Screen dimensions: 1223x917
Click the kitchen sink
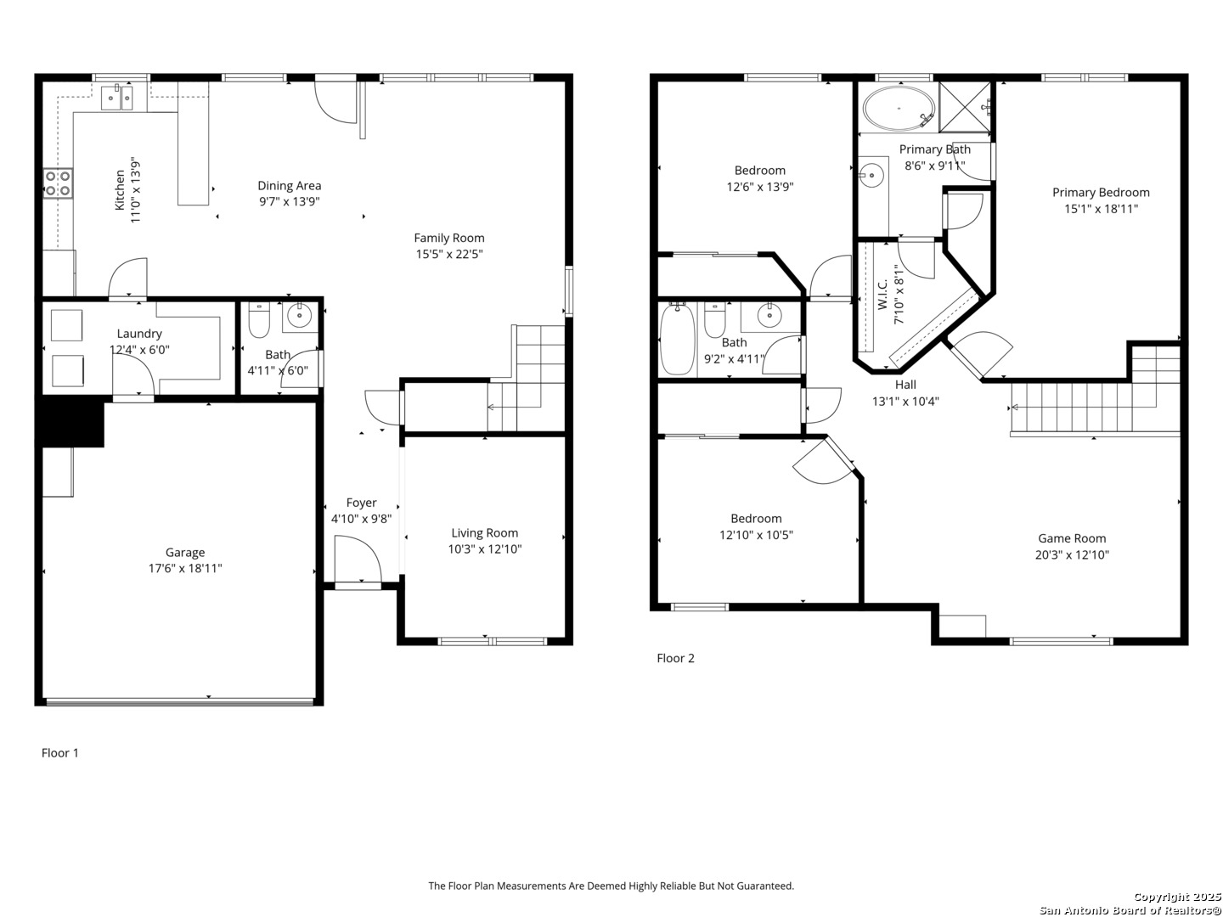(x=117, y=98)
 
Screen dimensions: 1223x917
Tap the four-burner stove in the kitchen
(x=58, y=183)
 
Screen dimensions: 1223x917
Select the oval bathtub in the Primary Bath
(x=899, y=108)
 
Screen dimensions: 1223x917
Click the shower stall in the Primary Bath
(x=965, y=107)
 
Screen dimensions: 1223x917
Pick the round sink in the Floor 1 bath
(x=299, y=316)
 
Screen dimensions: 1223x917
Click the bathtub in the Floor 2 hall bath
(x=677, y=339)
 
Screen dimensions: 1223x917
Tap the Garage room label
(x=185, y=553)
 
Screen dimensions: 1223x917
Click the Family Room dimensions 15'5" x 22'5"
(x=449, y=255)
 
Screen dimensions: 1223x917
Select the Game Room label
(x=1072, y=538)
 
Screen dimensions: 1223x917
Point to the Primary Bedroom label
(x=1101, y=193)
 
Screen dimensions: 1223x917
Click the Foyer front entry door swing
(x=358, y=559)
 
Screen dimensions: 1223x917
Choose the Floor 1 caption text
(x=60, y=753)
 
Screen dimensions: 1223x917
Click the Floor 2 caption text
(x=676, y=658)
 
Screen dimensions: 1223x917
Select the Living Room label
(x=485, y=533)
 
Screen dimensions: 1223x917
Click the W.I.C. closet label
(x=882, y=294)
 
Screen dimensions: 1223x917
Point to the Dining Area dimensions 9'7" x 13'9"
(x=289, y=201)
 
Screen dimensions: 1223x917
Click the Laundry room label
(x=139, y=334)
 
